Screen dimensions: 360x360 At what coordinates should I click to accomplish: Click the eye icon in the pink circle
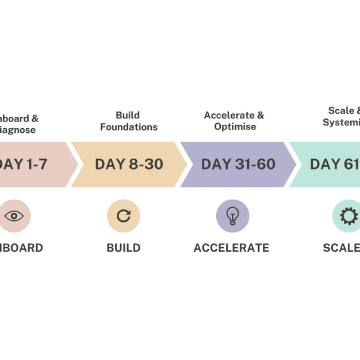(x=14, y=216)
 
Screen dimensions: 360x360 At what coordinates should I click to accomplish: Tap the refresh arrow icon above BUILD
(x=124, y=216)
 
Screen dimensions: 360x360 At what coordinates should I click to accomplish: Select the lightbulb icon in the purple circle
(x=232, y=216)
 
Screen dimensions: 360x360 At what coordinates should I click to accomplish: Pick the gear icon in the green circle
(x=348, y=216)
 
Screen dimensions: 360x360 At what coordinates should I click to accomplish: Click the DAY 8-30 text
(x=129, y=164)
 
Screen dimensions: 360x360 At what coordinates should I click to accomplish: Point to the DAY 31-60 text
(x=238, y=164)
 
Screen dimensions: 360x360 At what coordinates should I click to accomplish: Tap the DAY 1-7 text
(x=23, y=164)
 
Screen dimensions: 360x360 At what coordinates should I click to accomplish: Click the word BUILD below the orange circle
(x=124, y=248)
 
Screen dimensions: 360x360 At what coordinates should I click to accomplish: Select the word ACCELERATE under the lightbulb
(x=231, y=248)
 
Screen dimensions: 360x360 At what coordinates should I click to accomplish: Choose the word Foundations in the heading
(x=129, y=127)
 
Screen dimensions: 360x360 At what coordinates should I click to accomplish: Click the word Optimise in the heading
(x=235, y=127)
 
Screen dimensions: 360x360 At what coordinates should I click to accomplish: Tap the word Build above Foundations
(x=128, y=116)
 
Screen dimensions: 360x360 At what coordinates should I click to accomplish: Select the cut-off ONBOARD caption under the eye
(x=21, y=248)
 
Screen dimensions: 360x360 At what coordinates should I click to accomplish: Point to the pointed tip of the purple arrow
(x=295, y=164)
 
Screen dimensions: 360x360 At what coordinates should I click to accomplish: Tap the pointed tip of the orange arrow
(x=186, y=164)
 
